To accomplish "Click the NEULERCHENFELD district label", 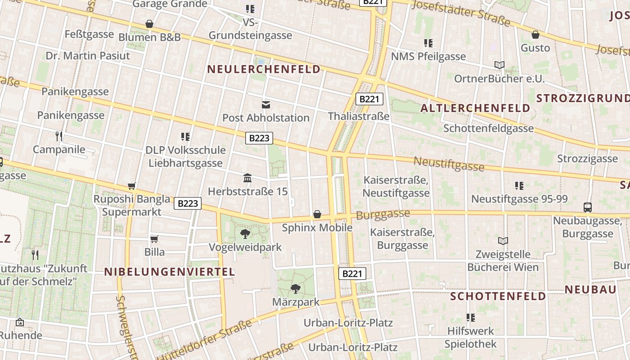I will (264, 69).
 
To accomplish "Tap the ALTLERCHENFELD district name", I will (475, 108).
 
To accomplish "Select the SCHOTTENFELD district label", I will (498, 296).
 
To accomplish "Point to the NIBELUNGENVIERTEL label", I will (170, 272).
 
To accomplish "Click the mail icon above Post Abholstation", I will (266, 105).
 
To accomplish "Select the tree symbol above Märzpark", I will (296, 288).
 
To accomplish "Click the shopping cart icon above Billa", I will (154, 239).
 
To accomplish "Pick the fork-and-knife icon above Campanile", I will (59, 136).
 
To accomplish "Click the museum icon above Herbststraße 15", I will (247, 178).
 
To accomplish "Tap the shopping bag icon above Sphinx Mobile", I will (317, 214).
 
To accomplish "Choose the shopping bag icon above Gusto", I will (535, 35).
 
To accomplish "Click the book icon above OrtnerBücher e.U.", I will (499, 65).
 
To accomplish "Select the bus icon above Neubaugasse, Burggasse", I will (588, 207).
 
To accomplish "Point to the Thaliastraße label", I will (359, 116).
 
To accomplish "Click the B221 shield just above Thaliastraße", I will (369, 99).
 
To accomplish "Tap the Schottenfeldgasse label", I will (489, 128).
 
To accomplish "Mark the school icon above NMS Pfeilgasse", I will (428, 43).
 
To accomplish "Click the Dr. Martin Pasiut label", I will (88, 56).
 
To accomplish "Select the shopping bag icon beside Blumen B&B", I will (149, 24).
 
